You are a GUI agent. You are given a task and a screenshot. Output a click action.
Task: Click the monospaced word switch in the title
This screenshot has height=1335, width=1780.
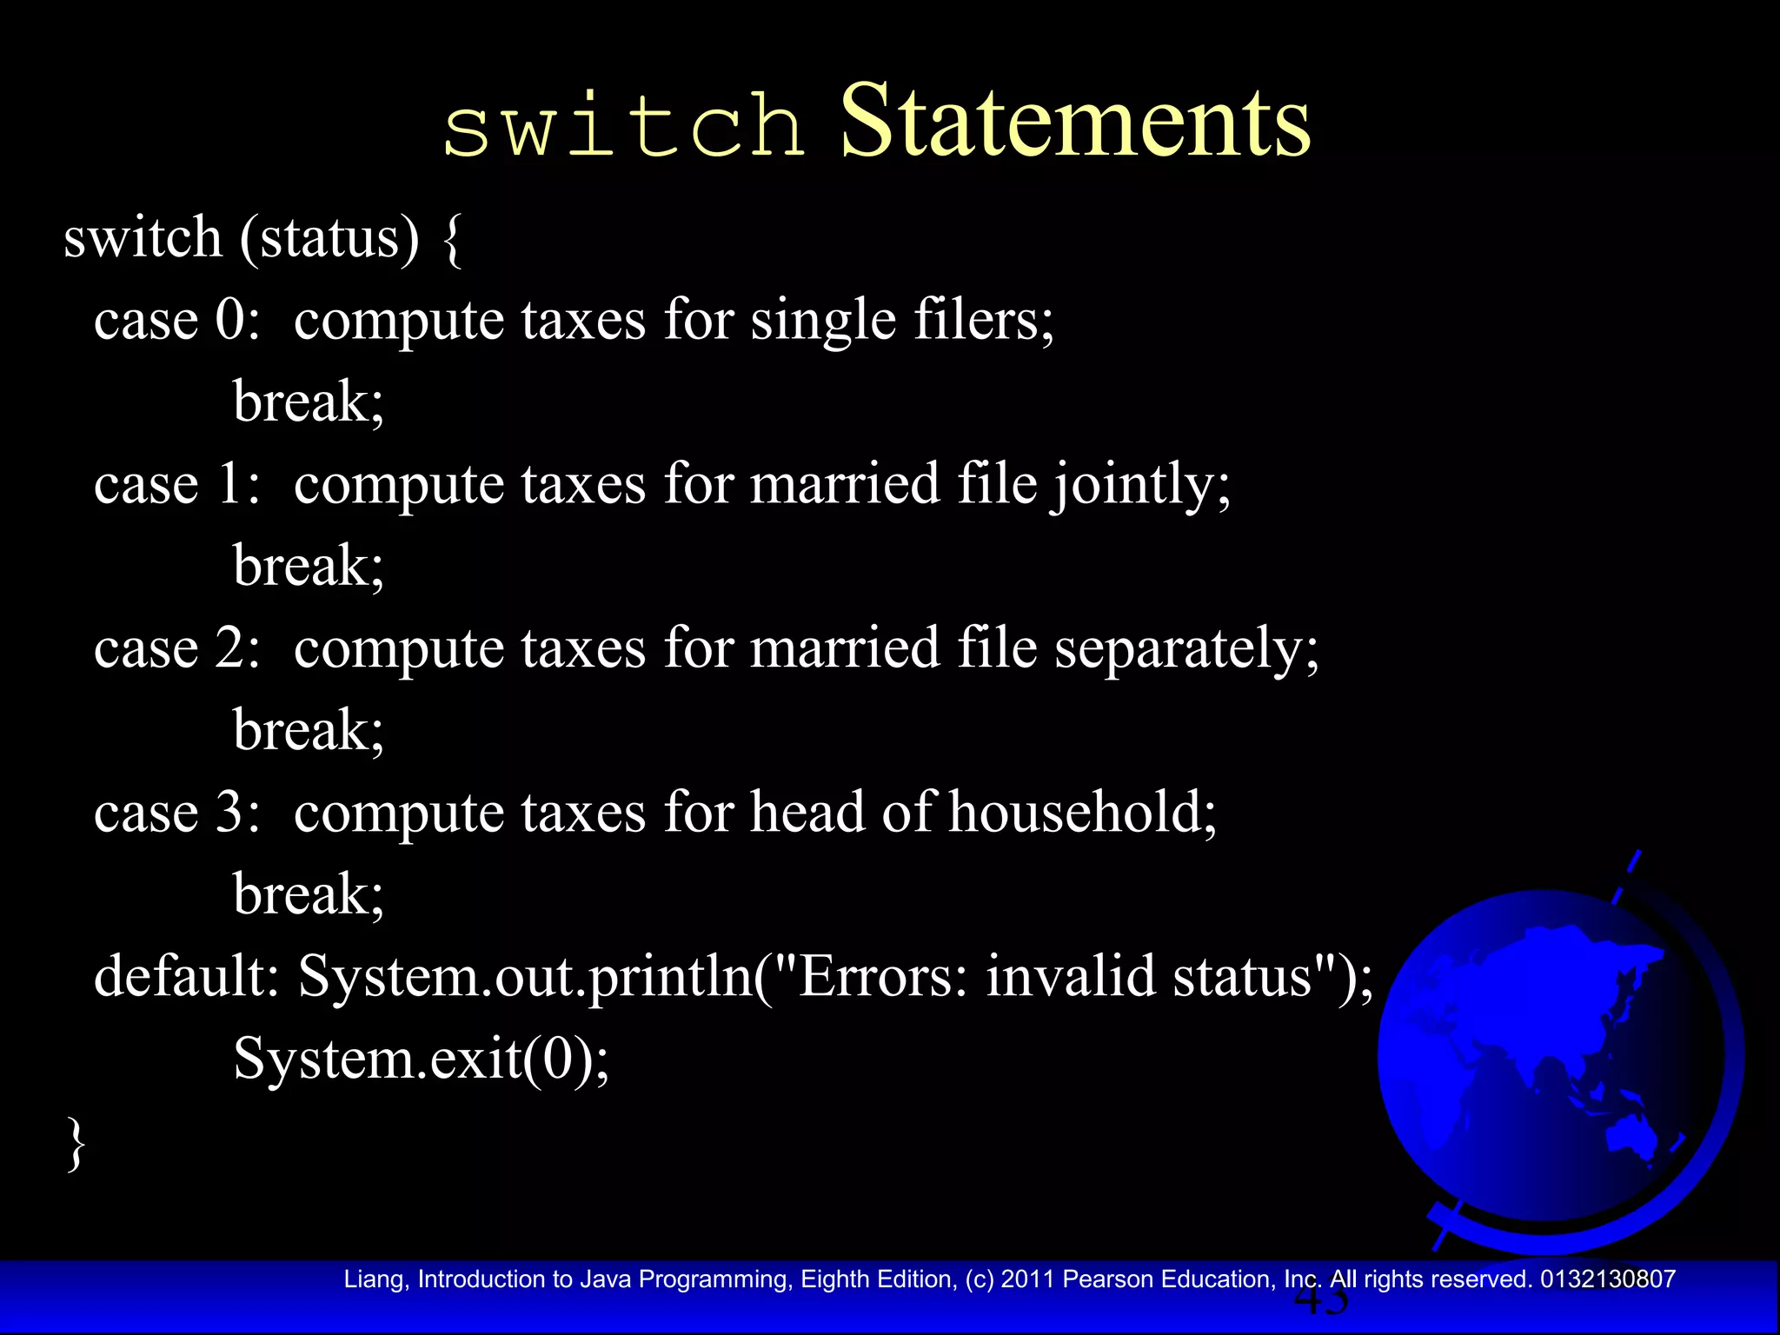click(x=623, y=129)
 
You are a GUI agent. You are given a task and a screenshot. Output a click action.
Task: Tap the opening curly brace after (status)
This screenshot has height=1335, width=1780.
click(x=452, y=239)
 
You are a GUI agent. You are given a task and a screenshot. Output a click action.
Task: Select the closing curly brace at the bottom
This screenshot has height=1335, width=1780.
click(x=76, y=1144)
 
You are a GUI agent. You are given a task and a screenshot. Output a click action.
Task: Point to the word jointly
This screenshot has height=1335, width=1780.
click(x=1141, y=485)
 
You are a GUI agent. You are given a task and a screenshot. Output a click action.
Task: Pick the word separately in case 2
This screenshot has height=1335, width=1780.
click(x=1186, y=649)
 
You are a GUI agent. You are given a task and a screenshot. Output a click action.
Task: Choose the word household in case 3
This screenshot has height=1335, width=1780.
click(x=1081, y=813)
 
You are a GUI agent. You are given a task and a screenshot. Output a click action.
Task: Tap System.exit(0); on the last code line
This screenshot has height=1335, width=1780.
click(x=422, y=1059)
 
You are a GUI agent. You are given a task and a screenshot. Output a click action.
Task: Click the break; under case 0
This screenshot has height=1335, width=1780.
click(x=309, y=402)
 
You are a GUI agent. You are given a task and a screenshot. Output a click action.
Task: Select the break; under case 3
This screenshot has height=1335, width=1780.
click(x=309, y=895)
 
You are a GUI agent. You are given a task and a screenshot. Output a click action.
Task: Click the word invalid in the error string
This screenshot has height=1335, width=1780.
click(x=1069, y=976)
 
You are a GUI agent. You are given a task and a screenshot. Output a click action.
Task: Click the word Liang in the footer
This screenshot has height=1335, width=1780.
click(x=374, y=1279)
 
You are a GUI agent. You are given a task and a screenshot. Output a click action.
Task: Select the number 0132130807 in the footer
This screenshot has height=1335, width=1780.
click(x=1608, y=1279)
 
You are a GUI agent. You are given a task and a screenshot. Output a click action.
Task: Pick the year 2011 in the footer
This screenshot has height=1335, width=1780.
click(x=1028, y=1279)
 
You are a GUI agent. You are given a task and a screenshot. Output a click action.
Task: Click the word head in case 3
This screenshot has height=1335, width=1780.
click(x=807, y=813)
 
